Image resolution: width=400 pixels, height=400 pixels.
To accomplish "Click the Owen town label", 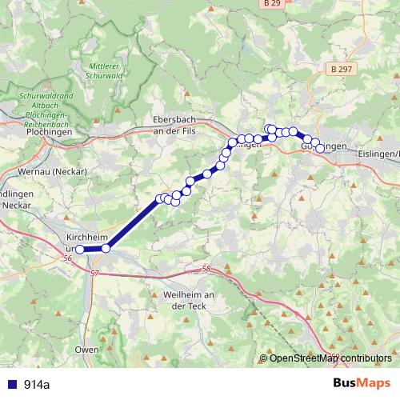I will point(86,350).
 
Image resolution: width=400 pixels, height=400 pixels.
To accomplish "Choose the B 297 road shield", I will point(341,70).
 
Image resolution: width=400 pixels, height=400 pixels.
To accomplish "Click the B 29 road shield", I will point(272,4).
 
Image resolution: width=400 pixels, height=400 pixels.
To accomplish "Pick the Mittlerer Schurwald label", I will point(105,70).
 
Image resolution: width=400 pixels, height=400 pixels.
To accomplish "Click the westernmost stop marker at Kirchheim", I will point(79,250).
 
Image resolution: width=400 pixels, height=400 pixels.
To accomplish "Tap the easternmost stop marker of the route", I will point(321,148).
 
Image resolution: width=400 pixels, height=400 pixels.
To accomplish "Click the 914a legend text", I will point(36,385).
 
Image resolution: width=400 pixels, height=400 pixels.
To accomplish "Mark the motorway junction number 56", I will point(67,258).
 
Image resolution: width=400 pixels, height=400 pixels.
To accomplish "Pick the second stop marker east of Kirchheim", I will point(159,198).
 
